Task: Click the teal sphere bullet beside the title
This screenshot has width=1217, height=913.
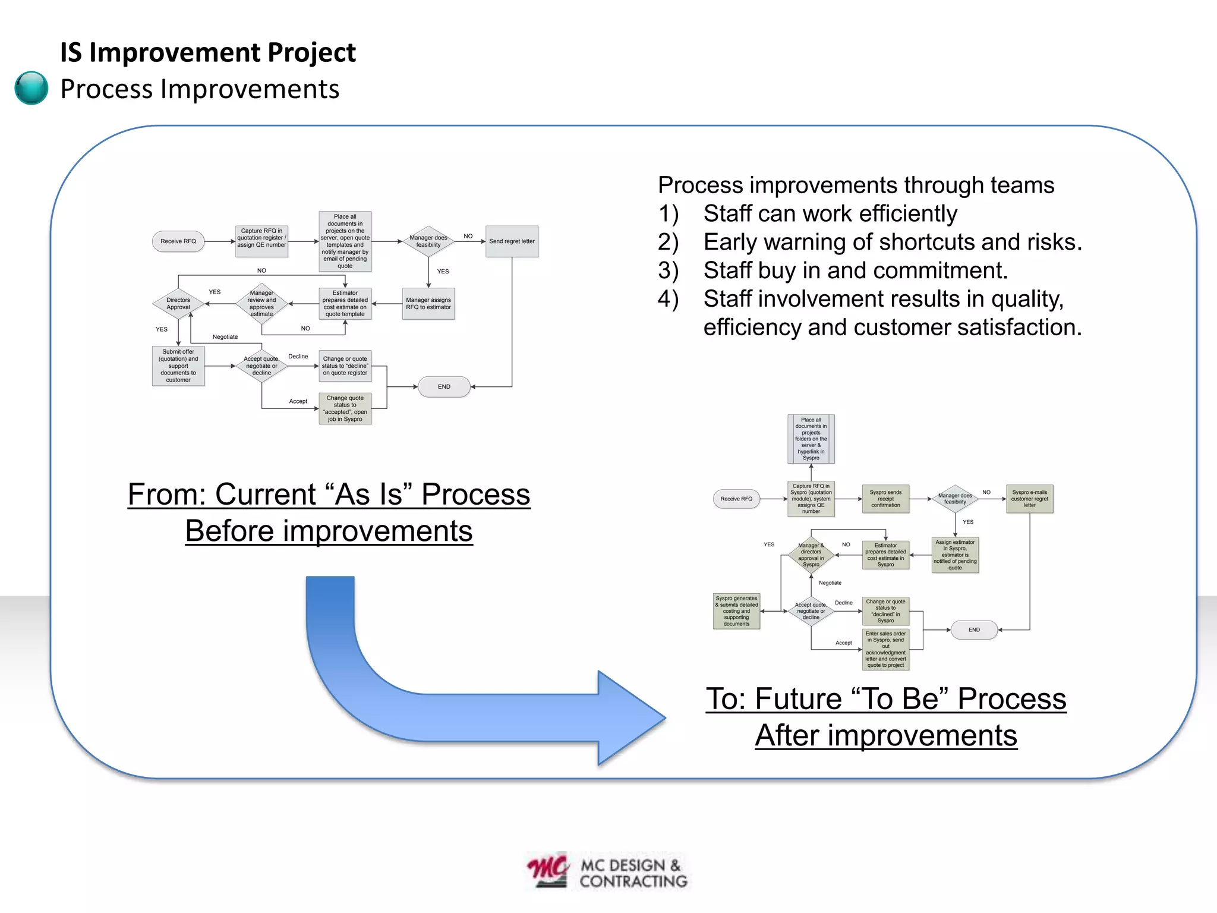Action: (31, 88)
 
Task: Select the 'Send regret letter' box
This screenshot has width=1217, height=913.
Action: (512, 241)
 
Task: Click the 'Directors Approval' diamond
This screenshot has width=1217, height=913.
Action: (178, 304)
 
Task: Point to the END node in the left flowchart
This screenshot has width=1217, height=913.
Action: (444, 387)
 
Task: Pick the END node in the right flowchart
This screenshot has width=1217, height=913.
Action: (974, 630)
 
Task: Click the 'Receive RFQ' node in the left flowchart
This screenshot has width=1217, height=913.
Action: (178, 241)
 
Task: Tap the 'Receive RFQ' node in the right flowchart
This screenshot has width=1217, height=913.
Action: (736, 499)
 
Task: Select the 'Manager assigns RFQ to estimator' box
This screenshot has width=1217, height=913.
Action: (428, 304)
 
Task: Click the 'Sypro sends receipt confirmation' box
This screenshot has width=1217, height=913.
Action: (885, 499)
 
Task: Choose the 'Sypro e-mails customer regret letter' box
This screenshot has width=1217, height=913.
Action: (1029, 499)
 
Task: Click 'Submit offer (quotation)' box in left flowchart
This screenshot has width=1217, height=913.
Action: (178, 366)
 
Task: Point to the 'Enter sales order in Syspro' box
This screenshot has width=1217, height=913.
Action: (885, 650)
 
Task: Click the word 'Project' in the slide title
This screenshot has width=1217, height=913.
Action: (311, 52)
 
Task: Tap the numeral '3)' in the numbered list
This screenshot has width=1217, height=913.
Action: (669, 271)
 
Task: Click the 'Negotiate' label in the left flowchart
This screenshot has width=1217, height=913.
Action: (225, 337)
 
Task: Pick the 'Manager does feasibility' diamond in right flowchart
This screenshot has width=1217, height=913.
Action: (955, 499)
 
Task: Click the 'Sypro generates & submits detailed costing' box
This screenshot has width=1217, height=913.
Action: (736, 611)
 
